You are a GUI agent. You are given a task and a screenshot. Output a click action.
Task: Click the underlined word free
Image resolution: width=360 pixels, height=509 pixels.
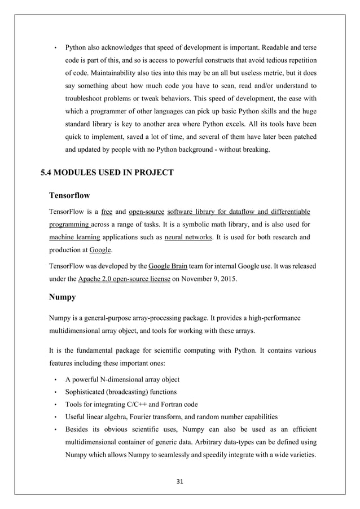107,212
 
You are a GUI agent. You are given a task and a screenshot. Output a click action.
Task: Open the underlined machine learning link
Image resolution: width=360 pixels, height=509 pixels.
73,237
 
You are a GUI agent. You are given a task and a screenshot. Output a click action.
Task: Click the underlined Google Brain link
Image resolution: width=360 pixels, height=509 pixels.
169,265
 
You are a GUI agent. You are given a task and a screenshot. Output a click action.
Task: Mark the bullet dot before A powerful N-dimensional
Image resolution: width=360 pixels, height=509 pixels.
55,380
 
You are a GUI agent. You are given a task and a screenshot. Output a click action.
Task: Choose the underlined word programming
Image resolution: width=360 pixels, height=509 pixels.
69,224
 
